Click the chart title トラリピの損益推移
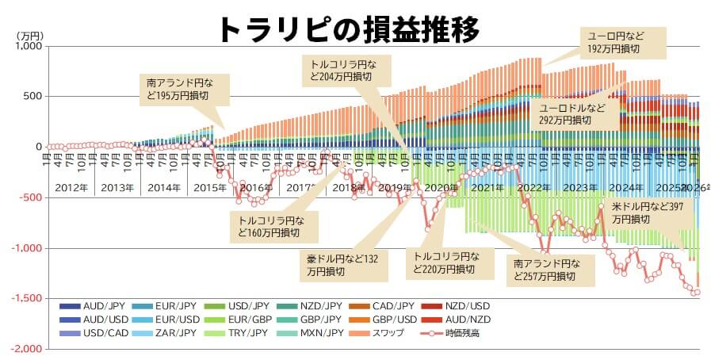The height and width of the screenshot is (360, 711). (348, 29)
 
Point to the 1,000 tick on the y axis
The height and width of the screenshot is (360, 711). (27, 46)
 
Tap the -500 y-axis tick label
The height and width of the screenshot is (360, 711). (29, 197)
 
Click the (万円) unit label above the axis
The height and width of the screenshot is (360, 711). (31, 36)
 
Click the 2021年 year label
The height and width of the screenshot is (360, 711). (487, 188)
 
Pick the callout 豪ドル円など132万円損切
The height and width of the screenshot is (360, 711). (342, 265)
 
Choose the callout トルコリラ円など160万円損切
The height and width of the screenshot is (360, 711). (274, 226)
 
